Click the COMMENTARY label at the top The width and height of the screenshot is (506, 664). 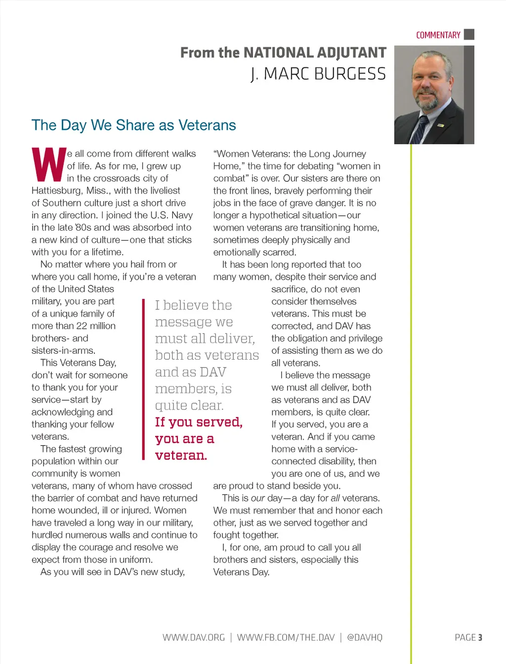pyautogui.click(x=438, y=35)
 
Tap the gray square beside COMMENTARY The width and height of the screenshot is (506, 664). pyautogui.click(x=469, y=35)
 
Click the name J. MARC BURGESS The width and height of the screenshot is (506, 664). pyautogui.click(x=318, y=74)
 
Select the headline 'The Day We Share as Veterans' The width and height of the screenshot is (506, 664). pyautogui.click(x=134, y=125)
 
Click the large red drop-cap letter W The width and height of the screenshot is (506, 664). pyautogui.click(x=48, y=165)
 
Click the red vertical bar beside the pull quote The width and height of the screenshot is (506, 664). pyautogui.click(x=143, y=379)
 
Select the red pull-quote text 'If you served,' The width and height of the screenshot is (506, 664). pyautogui.click(x=199, y=422)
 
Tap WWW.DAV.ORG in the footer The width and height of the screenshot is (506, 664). pyautogui.click(x=194, y=637)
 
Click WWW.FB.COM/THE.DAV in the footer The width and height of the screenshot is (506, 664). pyautogui.click(x=286, y=637)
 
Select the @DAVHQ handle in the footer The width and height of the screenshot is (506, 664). pyautogui.click(x=365, y=637)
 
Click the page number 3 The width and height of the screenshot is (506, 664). pyautogui.click(x=480, y=637)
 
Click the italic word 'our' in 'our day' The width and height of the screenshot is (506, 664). pyautogui.click(x=258, y=498)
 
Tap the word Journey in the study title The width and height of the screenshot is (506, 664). pyautogui.click(x=350, y=154)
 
